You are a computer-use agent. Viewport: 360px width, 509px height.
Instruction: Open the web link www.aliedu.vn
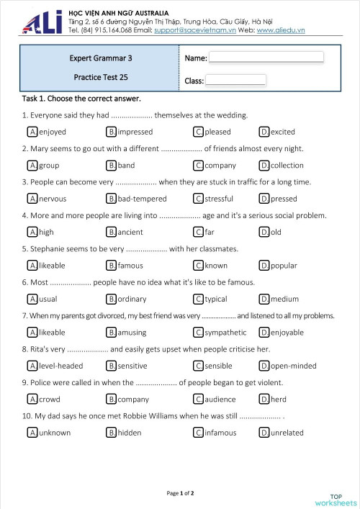coord(281,30)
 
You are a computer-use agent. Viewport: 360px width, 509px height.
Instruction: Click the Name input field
coord(266,57)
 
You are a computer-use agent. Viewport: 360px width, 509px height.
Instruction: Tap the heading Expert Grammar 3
coord(100,58)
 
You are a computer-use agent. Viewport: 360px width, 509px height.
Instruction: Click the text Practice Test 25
coord(101,76)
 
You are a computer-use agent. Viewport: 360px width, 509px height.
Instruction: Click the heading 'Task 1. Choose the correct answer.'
coord(81,98)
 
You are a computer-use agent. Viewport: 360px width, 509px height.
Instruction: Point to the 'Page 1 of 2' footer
coord(180,493)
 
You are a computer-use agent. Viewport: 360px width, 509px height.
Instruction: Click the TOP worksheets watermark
coord(335,500)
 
